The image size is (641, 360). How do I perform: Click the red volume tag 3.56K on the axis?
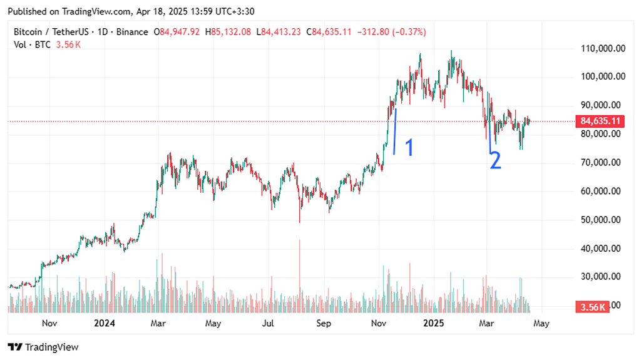(592, 307)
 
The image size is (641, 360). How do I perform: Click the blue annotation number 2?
(495, 160)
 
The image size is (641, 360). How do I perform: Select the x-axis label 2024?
(104, 324)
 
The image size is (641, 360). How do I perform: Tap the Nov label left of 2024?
(49, 324)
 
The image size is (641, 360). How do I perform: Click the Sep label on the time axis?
(323, 324)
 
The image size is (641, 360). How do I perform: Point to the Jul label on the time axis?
(268, 324)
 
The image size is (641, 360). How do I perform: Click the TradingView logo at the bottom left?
(43, 347)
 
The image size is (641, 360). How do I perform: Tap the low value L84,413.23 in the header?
(279, 32)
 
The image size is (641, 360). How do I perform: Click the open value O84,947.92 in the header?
(177, 32)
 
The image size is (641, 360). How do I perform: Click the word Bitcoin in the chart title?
(28, 32)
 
